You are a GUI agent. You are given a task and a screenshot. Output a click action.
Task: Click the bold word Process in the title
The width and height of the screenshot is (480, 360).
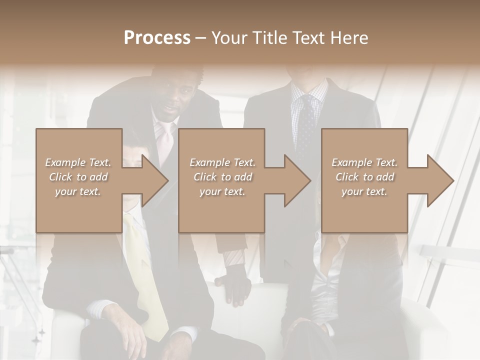click(x=157, y=38)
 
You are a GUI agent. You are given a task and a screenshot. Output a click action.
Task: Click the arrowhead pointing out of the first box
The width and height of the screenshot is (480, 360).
click(x=153, y=180)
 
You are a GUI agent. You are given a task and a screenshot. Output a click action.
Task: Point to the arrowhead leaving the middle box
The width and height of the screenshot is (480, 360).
click(x=295, y=180)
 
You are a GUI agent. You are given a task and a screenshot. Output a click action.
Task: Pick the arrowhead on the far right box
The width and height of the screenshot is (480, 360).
click(x=438, y=180)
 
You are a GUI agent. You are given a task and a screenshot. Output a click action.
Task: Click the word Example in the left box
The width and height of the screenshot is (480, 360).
click(x=65, y=162)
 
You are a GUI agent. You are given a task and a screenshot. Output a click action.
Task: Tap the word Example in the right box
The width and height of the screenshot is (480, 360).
click(x=352, y=162)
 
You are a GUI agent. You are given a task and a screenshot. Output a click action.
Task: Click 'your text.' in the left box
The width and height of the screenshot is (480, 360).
click(x=78, y=191)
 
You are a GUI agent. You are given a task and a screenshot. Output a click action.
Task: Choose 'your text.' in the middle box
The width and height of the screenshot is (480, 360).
click(x=222, y=191)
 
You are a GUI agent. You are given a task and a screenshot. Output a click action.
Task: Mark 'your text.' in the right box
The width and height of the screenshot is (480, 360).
click(x=364, y=191)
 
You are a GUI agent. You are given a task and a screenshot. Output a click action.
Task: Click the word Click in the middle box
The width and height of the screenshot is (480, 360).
click(x=205, y=177)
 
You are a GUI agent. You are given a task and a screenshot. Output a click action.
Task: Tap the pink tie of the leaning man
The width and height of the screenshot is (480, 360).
click(x=164, y=140)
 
